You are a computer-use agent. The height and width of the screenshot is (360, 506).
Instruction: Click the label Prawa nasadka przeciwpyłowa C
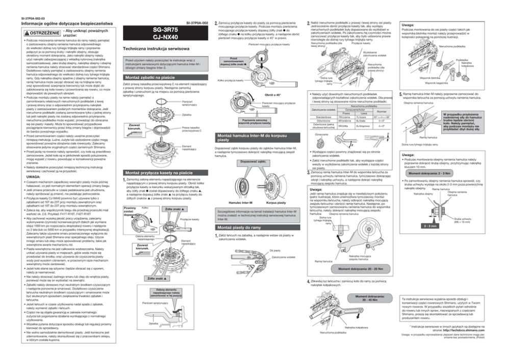click(191, 129)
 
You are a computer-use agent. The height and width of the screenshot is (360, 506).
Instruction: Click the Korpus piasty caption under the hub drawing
click(275, 202)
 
